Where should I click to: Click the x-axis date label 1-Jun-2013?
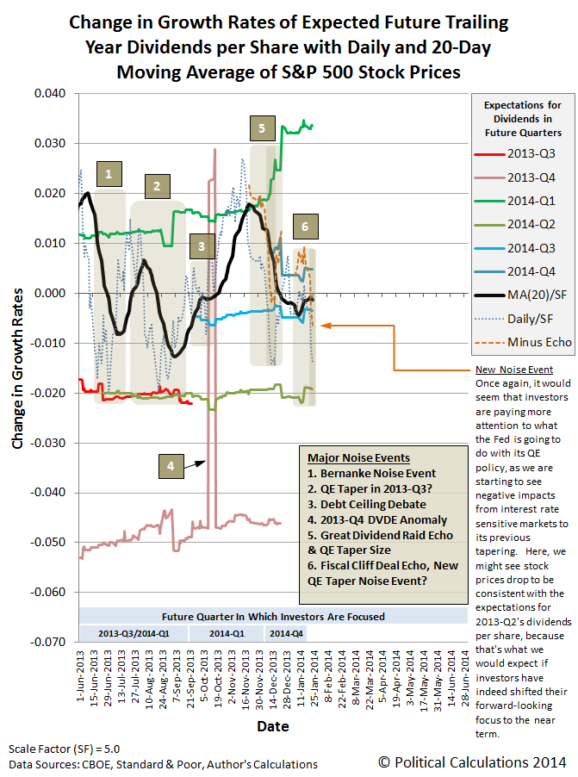click(x=80, y=683)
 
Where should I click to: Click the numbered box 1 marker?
click(x=109, y=174)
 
